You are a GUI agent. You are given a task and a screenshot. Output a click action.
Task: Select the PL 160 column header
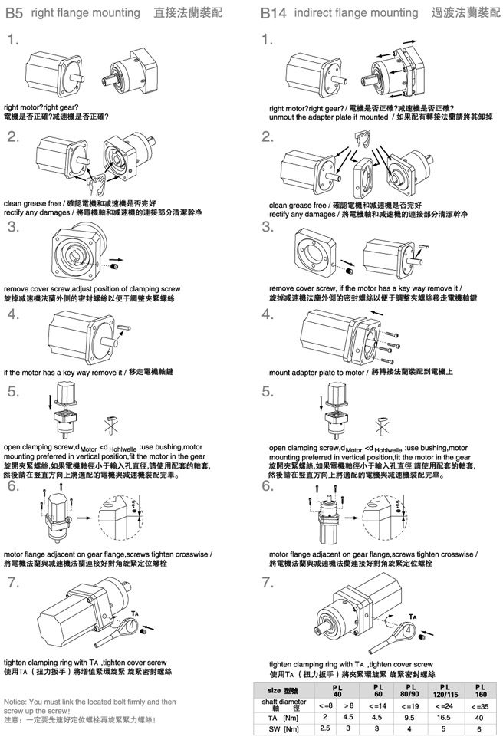pyautogui.click(x=480, y=690)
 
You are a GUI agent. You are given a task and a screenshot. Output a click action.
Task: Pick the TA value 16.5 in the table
pyautogui.click(x=443, y=717)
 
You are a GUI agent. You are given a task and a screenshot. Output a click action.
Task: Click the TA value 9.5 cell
pyautogui.click(x=409, y=717)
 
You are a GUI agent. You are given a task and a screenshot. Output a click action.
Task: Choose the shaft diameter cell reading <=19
pyautogui.click(x=409, y=705)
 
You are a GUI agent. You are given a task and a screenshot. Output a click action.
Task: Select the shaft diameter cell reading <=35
pyautogui.click(x=480, y=705)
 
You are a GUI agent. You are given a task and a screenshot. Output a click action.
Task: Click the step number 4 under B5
pyautogui.click(x=13, y=314)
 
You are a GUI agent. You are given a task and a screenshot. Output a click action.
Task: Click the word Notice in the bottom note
pyautogui.click(x=18, y=701)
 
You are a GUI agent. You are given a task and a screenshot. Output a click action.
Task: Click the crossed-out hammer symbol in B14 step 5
pyautogui.click(x=376, y=422)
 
